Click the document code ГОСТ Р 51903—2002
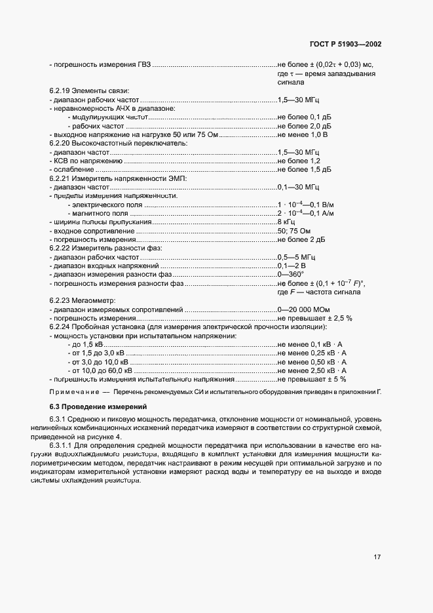pos(345,44)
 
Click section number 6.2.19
pos(60,90)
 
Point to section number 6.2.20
pos(60,142)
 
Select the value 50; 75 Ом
pos(295,231)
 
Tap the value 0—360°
pos(292,274)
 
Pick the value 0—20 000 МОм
pos(304,309)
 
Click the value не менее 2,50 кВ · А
pos(312,370)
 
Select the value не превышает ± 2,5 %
pos(315,317)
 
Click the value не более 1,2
pos(299,161)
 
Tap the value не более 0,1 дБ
pos(304,116)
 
